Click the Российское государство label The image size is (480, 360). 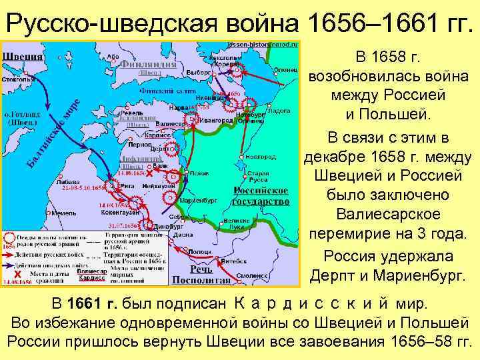tap(261, 195)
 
